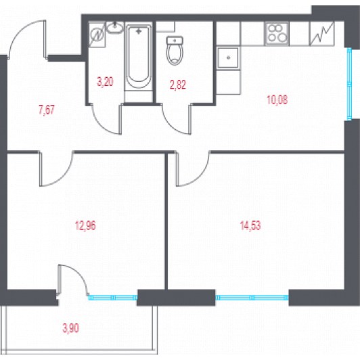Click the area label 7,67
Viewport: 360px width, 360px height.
click(x=47, y=110)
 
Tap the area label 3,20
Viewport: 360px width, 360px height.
click(x=105, y=81)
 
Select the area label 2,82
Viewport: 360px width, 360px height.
click(x=178, y=85)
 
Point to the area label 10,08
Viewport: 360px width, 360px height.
click(x=277, y=100)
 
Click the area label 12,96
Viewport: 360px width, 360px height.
click(x=85, y=226)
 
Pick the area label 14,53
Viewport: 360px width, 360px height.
click(x=250, y=225)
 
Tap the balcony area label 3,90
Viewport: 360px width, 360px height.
click(x=70, y=328)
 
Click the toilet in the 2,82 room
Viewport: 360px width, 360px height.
click(x=175, y=50)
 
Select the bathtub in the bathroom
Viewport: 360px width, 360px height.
click(x=139, y=56)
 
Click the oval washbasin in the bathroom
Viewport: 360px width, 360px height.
click(x=114, y=28)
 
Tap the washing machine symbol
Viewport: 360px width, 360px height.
click(x=97, y=35)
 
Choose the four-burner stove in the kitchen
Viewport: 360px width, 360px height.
click(x=277, y=34)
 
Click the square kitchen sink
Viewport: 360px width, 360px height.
click(x=228, y=58)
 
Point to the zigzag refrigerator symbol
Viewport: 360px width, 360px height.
click(x=321, y=34)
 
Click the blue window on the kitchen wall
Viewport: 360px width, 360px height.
click(x=349, y=84)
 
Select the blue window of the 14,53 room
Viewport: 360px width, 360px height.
click(x=252, y=298)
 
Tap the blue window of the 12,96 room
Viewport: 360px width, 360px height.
click(x=113, y=298)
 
